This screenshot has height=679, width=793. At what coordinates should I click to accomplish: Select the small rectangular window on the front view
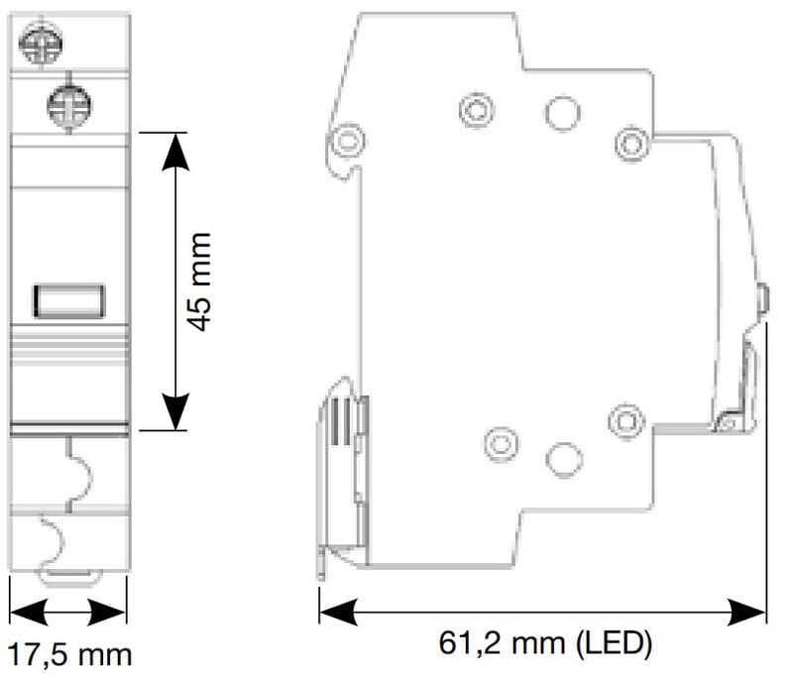point(69,300)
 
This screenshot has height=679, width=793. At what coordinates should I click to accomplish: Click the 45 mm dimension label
point(199,282)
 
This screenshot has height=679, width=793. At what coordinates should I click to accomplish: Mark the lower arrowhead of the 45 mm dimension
point(175,413)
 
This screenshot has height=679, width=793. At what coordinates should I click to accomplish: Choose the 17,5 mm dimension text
point(69,654)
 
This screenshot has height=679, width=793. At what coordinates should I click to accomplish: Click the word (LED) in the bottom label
point(613,644)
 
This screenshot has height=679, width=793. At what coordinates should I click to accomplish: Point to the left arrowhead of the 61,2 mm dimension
point(335,612)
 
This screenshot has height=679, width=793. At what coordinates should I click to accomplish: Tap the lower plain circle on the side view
point(563,458)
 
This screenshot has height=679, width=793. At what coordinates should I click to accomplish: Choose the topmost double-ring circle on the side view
point(477,110)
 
